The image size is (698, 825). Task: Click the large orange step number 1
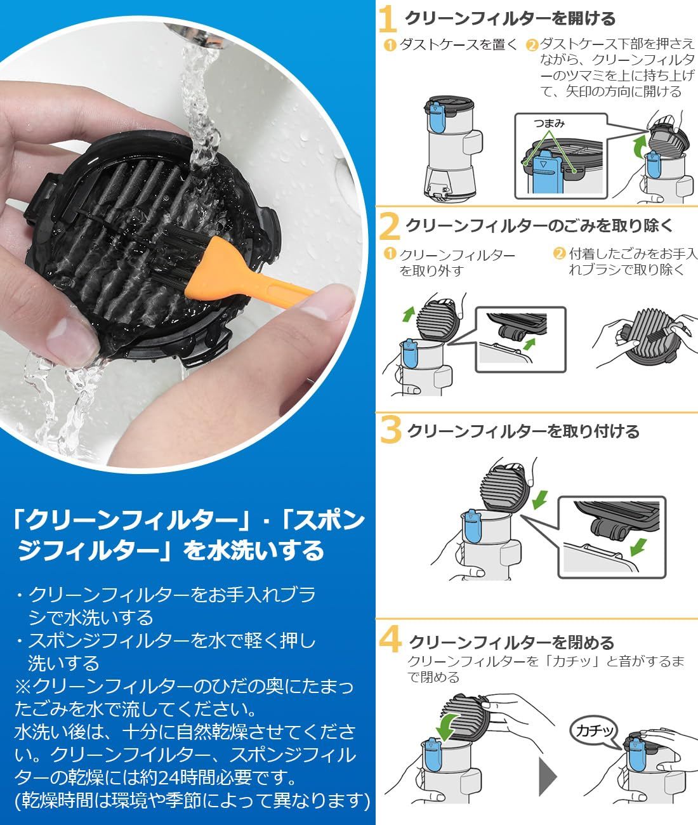pyautogui.click(x=388, y=20)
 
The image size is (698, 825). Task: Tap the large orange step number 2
pyautogui.click(x=389, y=227)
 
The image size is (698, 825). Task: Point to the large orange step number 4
pyautogui.click(x=390, y=640)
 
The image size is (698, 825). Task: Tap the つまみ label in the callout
pyautogui.click(x=550, y=123)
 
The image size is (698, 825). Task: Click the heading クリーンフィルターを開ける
pyautogui.click(x=510, y=19)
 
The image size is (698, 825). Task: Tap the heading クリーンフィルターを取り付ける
pyautogui.click(x=523, y=432)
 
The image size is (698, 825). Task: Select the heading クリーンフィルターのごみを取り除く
pyautogui.click(x=539, y=226)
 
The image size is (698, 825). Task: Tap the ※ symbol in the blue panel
pyautogui.click(x=23, y=686)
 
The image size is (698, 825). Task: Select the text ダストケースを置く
pyautogui.click(x=458, y=44)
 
